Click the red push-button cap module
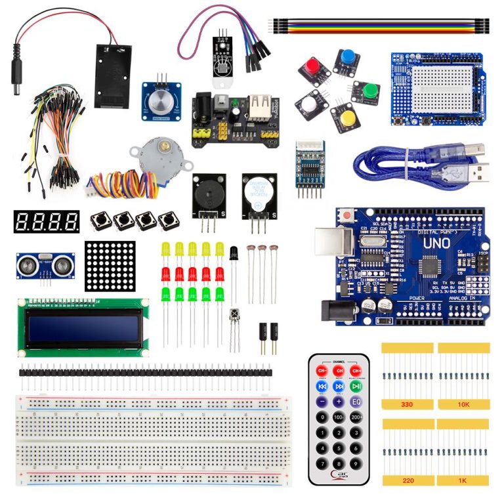(311, 68)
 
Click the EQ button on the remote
(356, 402)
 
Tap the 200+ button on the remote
(356, 417)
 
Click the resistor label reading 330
(407, 405)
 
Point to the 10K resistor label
(463, 405)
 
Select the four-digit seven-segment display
(46, 222)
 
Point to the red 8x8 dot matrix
(110, 266)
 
